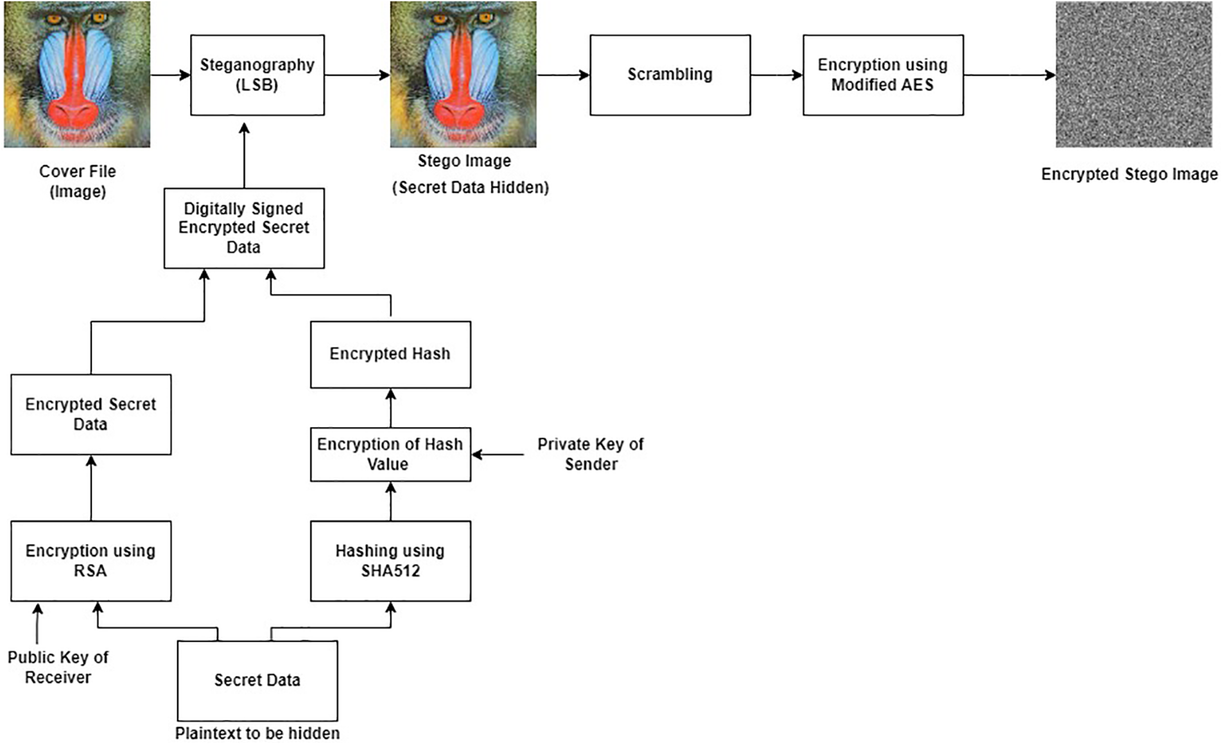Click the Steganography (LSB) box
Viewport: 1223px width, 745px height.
click(257, 75)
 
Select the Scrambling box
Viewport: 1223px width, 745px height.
click(670, 75)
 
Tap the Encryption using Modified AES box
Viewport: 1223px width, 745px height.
click(883, 75)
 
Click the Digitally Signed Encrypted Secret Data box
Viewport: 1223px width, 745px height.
click(244, 228)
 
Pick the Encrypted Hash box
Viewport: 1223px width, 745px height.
click(390, 355)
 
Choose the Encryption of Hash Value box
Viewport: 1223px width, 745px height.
click(390, 454)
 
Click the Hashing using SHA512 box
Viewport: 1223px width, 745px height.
click(390, 561)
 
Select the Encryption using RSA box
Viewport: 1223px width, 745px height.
click(91, 561)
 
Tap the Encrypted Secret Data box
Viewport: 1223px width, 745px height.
click(91, 414)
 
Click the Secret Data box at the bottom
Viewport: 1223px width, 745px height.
click(257, 681)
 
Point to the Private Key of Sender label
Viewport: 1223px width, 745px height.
click(591, 454)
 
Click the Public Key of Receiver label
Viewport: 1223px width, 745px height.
click(58, 667)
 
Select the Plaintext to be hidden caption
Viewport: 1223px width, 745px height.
click(257, 733)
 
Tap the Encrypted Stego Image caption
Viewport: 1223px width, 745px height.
click(1129, 174)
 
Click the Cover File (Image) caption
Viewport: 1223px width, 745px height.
click(78, 181)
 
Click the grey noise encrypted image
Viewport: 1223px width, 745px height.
click(1134, 74)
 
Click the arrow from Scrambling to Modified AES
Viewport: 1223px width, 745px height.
click(777, 75)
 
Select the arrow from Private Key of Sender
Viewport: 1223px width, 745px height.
click(498, 455)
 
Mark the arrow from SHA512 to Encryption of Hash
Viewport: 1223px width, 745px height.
click(391, 501)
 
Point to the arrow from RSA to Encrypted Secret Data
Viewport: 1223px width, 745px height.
click(91, 488)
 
